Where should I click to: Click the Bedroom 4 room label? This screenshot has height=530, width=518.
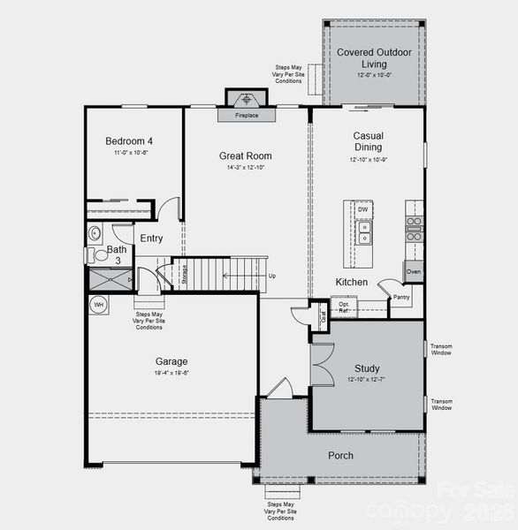[129, 140]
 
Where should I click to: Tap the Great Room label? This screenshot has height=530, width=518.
[245, 155]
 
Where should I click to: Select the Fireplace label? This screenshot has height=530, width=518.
[247, 116]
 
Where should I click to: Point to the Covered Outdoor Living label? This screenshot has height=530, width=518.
[374, 58]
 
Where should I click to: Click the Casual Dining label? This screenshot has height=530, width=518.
[368, 141]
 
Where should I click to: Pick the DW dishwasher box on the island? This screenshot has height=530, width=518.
[363, 209]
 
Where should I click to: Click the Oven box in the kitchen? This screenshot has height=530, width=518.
[414, 271]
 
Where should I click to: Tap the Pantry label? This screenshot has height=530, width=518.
[401, 298]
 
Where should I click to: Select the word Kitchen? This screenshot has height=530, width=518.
[351, 282]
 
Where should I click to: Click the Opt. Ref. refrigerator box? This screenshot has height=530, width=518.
[345, 307]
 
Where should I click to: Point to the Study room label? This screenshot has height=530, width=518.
[367, 368]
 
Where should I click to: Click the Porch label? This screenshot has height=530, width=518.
[340, 455]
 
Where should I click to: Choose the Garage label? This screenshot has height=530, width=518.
[171, 360]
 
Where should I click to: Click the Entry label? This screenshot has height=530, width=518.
[151, 238]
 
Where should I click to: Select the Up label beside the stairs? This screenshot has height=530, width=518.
[271, 276]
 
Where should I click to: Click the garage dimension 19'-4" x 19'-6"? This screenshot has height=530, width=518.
[171, 373]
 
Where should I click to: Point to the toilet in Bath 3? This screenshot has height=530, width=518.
[94, 234]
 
